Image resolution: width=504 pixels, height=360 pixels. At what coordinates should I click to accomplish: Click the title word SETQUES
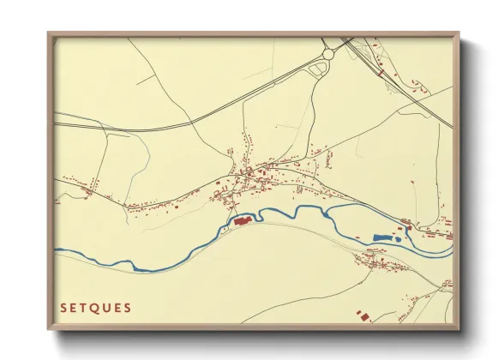[x=95, y=308]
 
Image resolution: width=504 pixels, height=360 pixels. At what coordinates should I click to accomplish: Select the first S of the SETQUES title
[x=63, y=308]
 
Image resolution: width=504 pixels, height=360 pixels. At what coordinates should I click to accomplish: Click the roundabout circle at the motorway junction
[x=327, y=55]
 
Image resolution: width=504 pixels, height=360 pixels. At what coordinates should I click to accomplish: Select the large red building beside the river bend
[x=240, y=221]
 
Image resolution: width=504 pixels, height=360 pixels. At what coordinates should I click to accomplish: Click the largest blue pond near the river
[x=383, y=237]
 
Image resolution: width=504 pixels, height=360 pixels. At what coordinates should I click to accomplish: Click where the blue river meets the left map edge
[x=57, y=251]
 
